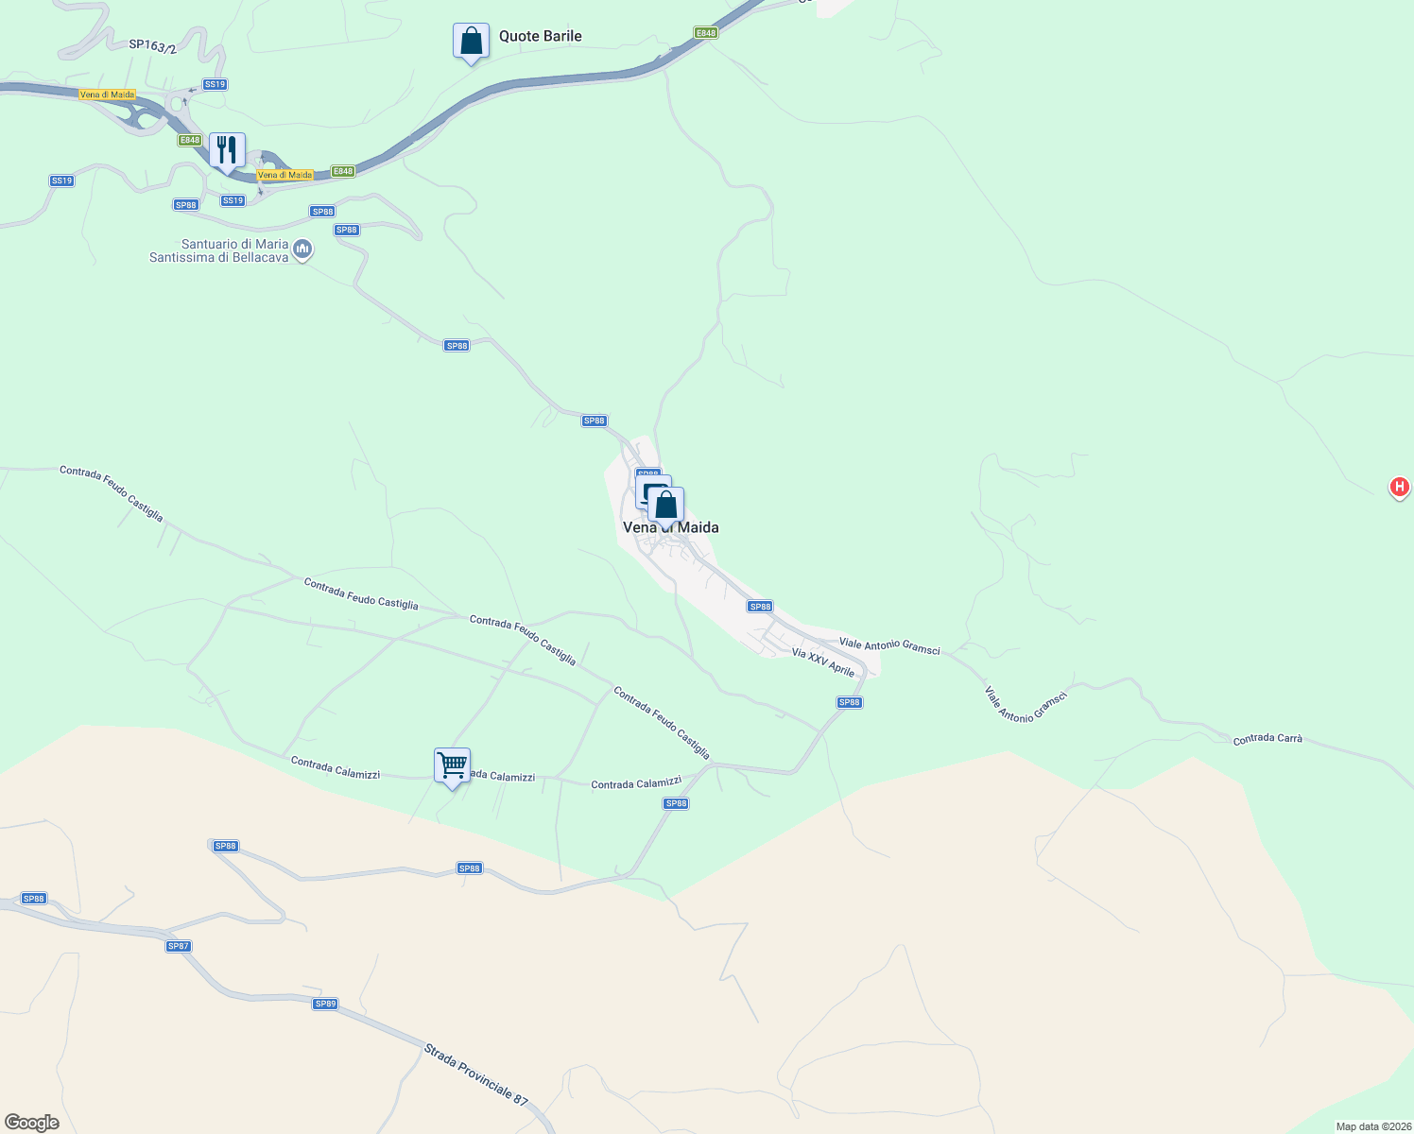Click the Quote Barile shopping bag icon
[x=471, y=42]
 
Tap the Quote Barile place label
[x=540, y=37]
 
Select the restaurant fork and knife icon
[x=227, y=151]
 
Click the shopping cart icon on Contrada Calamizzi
[x=453, y=765]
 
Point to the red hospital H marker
[x=1399, y=488]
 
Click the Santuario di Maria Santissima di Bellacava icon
[x=302, y=249]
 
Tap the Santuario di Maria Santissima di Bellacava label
[x=218, y=250]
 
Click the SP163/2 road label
[x=152, y=45]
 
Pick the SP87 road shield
[x=178, y=946]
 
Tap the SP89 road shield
[x=325, y=1004]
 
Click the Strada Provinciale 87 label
[x=475, y=1074]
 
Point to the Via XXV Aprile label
[x=822, y=661]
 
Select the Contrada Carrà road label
[x=1267, y=738]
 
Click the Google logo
[x=31, y=1122]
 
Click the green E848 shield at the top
[x=705, y=33]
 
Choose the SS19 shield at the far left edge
[x=61, y=180]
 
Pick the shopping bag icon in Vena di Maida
[x=666, y=506]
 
